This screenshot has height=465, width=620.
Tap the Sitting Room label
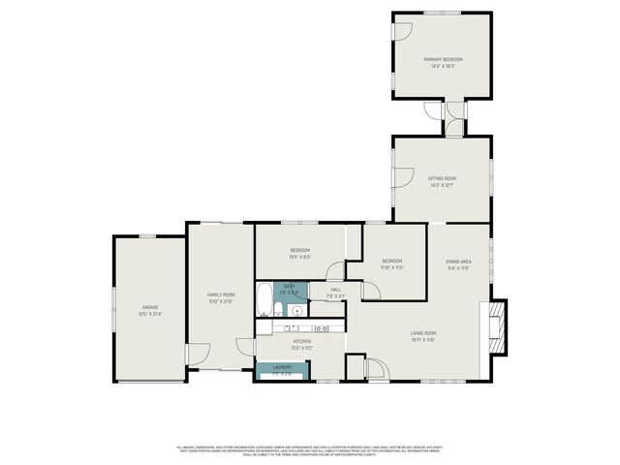coord(442,178)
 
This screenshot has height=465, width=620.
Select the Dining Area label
coord(458,262)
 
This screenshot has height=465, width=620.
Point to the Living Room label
coord(423,333)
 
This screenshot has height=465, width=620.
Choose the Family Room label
coord(221,294)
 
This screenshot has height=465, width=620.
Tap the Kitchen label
coord(300,341)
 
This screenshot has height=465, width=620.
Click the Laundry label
coord(282,367)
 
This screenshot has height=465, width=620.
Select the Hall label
coord(335,289)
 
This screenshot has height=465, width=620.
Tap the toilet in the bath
coord(278,311)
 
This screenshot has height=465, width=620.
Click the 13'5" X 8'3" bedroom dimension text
coord(299,257)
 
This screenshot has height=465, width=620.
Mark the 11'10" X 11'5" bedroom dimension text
coord(391,266)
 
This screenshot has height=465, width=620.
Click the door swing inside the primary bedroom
coord(400,30)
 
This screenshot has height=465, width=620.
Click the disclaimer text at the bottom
coord(310,450)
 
